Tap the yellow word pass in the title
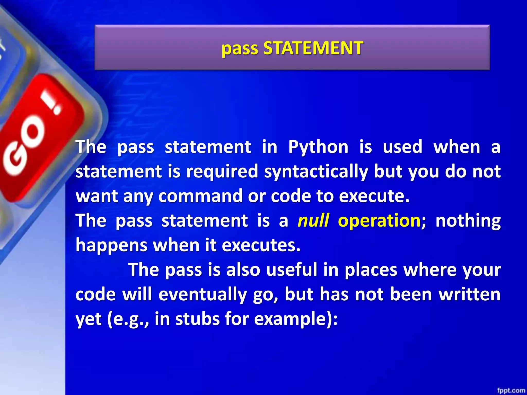(240, 49)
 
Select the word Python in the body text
(318, 147)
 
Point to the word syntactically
(316, 172)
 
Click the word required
(222, 171)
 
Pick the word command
(200, 196)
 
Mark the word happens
(111, 245)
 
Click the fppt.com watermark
(511, 390)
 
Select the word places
(371, 270)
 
